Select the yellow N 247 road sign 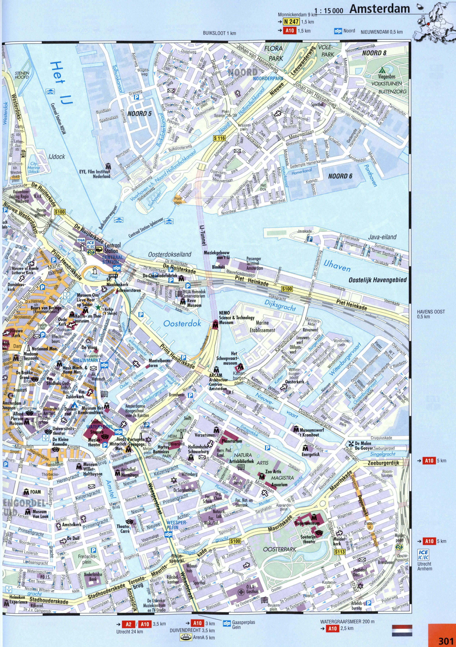pos(291,22)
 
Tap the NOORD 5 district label pos(140,114)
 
